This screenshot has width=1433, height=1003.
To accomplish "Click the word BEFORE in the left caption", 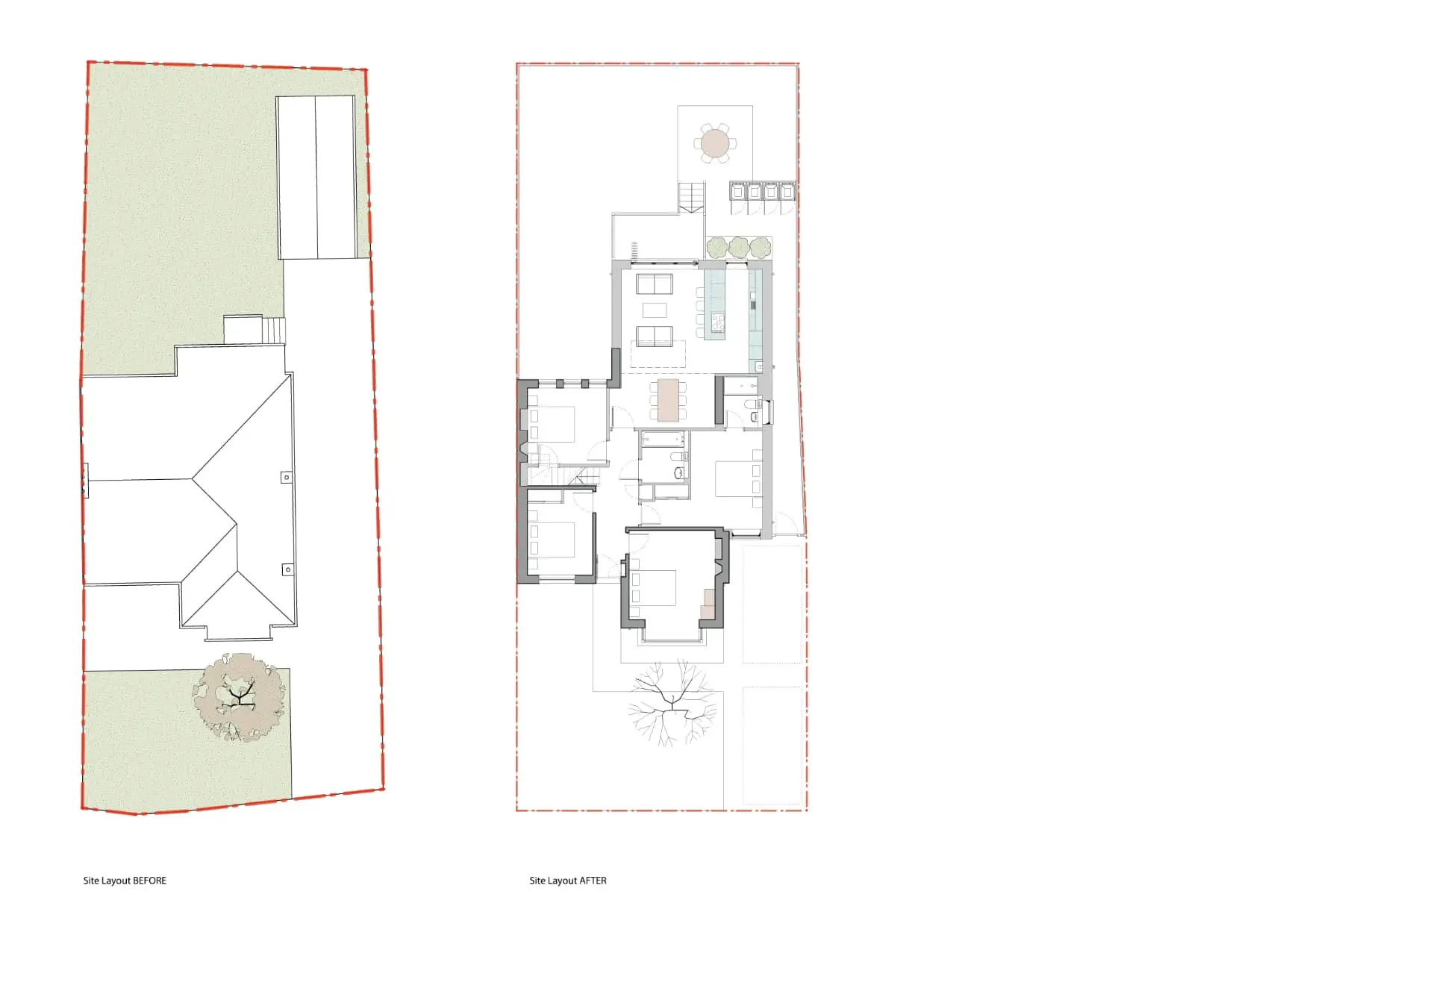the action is click(149, 881).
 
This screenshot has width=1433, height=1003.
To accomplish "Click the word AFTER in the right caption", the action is click(593, 881).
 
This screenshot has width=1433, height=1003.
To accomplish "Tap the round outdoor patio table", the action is click(715, 143).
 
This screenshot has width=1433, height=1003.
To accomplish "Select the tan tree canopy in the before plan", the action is click(240, 697).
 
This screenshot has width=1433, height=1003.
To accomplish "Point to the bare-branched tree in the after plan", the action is click(672, 702).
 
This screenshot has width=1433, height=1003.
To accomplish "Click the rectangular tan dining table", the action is click(668, 401).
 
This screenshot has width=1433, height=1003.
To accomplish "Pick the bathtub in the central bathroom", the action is click(662, 438).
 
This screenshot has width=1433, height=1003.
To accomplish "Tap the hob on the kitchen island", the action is click(717, 322).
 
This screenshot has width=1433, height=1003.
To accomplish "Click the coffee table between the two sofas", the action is click(655, 310).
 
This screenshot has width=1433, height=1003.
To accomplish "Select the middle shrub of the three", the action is click(739, 247).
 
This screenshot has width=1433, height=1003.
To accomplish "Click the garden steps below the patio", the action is click(691, 197).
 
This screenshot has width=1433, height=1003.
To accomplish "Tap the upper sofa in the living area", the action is click(655, 284).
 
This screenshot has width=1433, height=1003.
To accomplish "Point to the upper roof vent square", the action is click(287, 477).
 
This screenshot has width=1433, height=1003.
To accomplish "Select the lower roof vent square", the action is click(287, 569).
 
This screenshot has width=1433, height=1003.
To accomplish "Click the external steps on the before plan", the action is click(274, 330).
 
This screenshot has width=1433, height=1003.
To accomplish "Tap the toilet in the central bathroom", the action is click(678, 472).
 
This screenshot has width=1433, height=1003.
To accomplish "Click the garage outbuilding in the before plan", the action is click(316, 177).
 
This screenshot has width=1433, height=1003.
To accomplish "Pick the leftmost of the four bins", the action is click(738, 192).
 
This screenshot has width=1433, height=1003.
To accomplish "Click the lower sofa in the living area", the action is click(655, 336).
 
